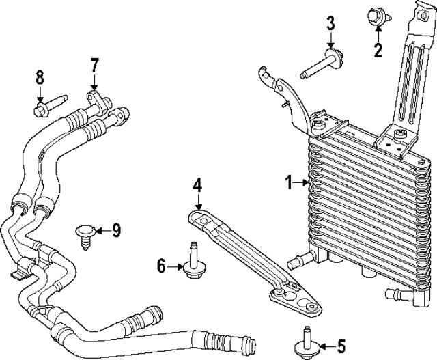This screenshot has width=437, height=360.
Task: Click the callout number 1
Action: pyautogui.click(x=289, y=182)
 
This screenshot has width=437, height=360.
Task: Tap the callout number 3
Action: pyautogui.click(x=330, y=24)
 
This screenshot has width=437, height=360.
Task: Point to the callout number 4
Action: pyautogui.click(x=197, y=184)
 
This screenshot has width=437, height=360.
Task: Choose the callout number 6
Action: pyautogui.click(x=162, y=266)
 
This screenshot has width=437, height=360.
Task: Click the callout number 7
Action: pyautogui.click(x=95, y=66)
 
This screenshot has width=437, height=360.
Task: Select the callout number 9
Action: pyautogui.click(x=116, y=231)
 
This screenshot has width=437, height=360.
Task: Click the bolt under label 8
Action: pyautogui.click(x=46, y=107)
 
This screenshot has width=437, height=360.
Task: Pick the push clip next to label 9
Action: pyautogui.click(x=87, y=234)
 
